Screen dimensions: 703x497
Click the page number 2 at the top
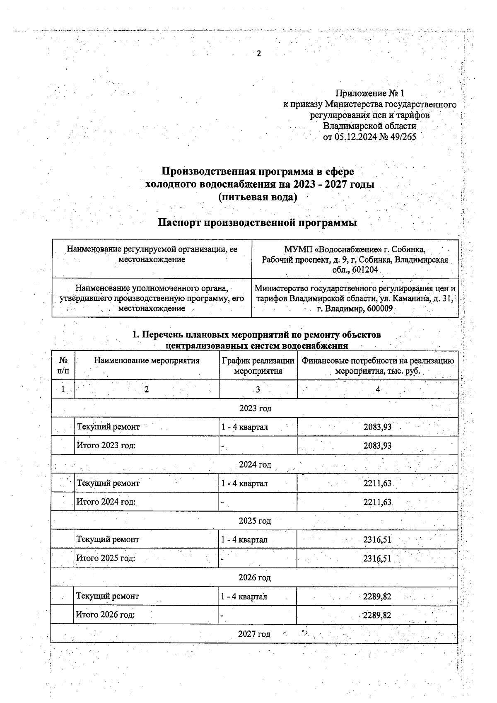click(x=259, y=54)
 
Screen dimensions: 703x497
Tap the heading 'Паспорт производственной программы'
click(x=258, y=222)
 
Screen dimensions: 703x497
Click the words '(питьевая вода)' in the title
click(x=258, y=197)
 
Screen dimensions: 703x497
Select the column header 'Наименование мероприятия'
click(x=147, y=361)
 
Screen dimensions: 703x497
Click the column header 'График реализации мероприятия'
click(x=258, y=366)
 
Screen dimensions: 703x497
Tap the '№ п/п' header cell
click(x=63, y=366)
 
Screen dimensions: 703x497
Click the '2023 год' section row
click(x=255, y=408)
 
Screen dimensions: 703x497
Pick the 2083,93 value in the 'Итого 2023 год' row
click(x=377, y=446)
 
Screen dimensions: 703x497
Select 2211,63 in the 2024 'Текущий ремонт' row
click(x=377, y=483)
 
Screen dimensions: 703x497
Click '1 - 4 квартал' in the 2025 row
click(x=244, y=539)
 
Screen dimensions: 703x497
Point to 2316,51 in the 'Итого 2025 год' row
click(x=377, y=558)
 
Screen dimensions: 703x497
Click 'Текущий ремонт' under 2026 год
click(x=107, y=596)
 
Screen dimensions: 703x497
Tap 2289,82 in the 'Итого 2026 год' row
click(x=377, y=615)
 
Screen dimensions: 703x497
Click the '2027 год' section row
click(x=254, y=634)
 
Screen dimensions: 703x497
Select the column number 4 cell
click(x=378, y=389)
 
